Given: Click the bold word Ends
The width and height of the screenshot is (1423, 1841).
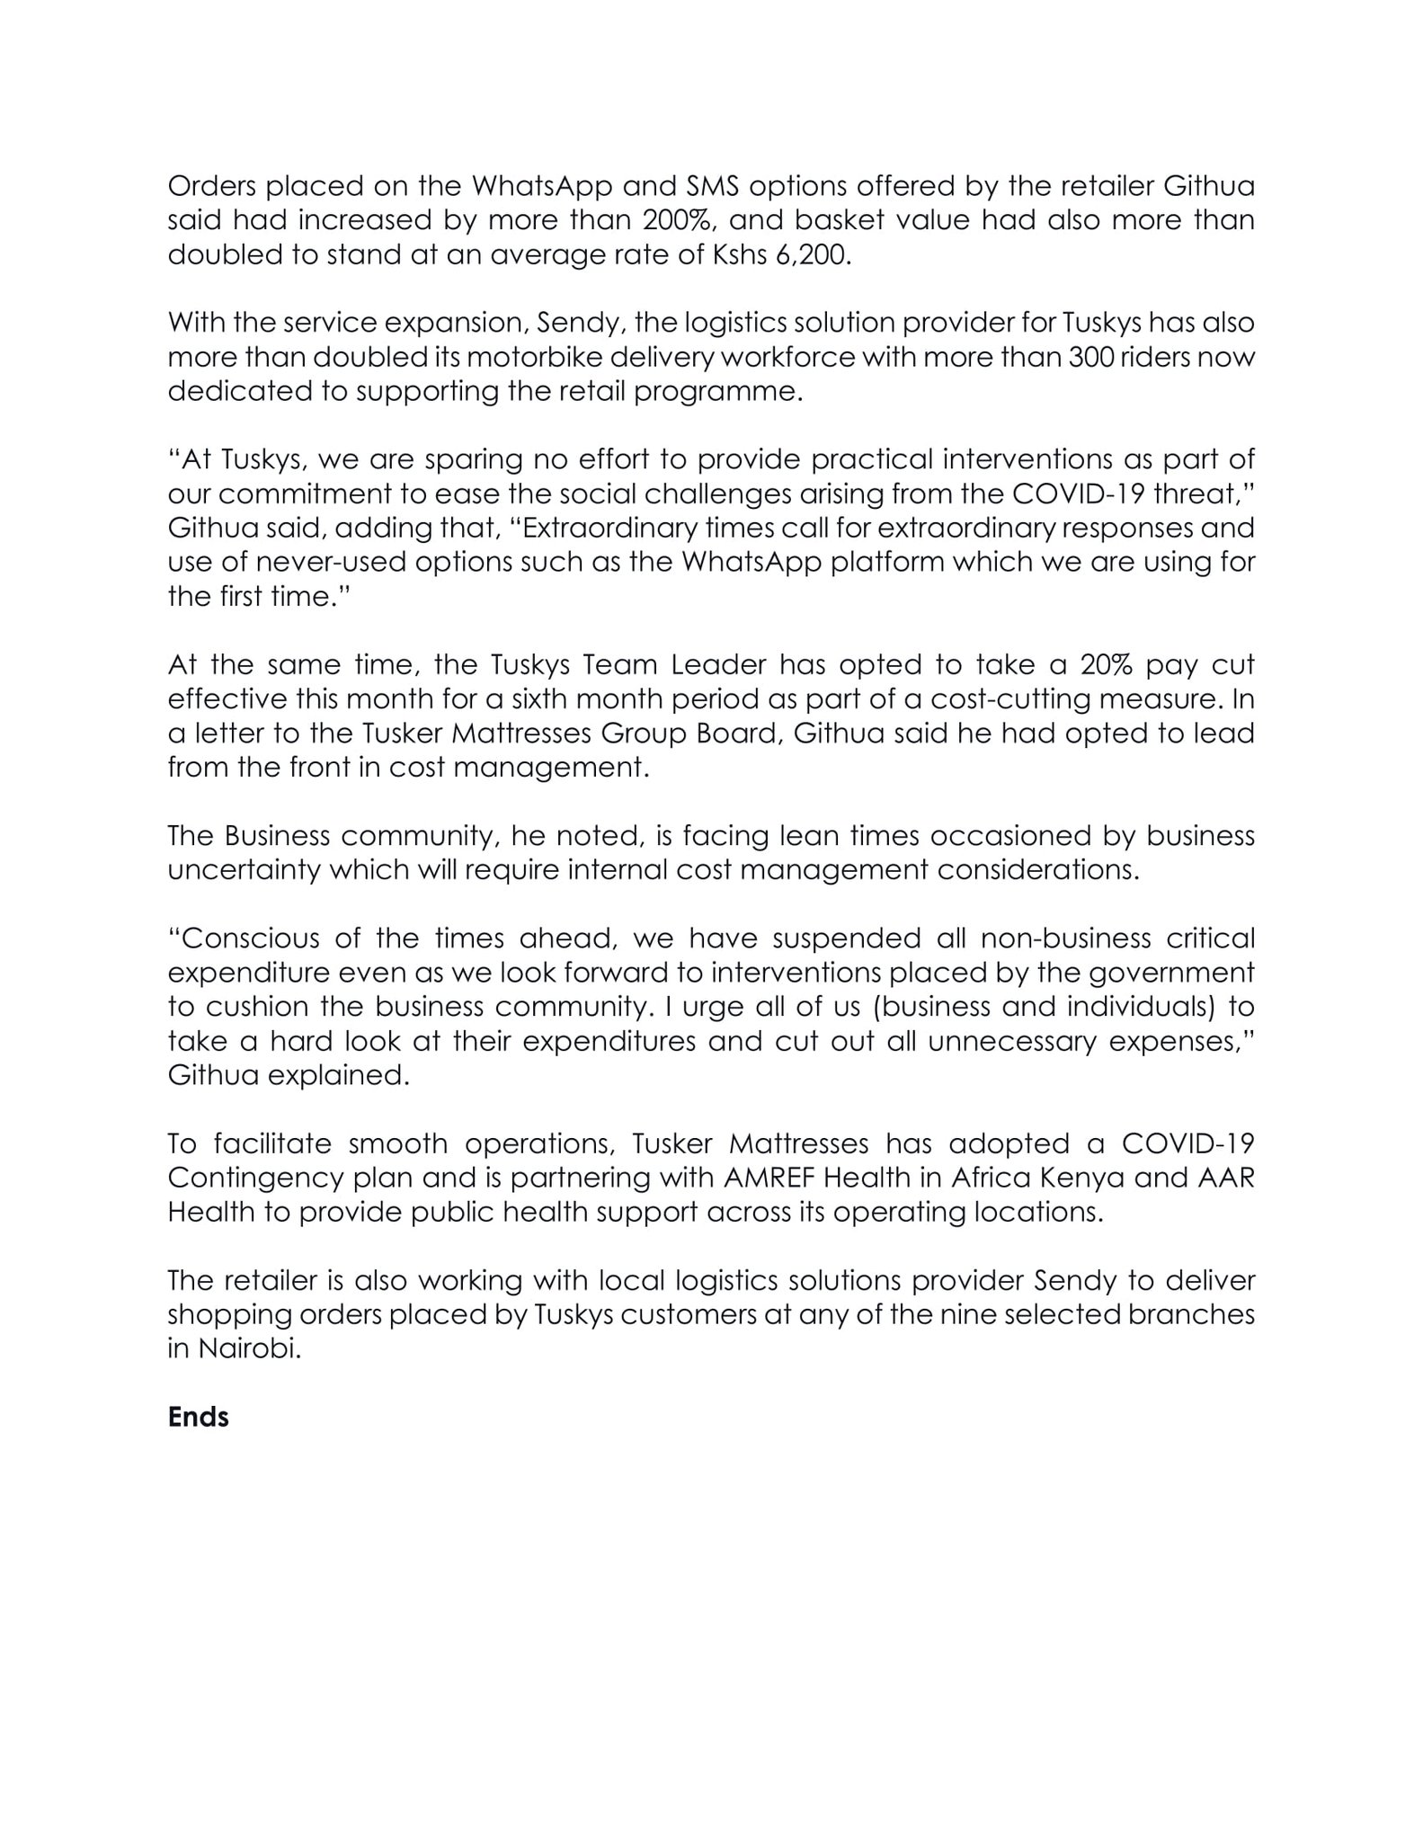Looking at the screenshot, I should (x=198, y=1418).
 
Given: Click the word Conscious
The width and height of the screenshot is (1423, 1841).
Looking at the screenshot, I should (x=245, y=938).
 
